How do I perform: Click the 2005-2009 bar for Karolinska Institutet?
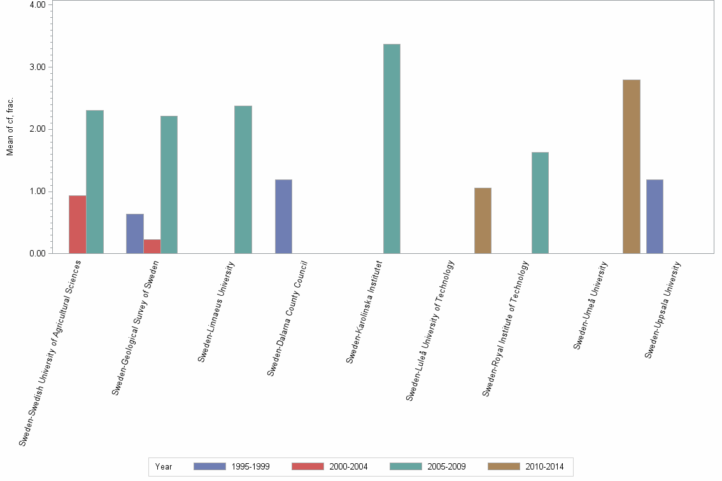point(392,149)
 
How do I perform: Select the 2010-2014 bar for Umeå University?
point(631,167)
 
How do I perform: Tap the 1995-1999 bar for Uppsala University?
point(655,216)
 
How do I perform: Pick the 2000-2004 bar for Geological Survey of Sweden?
point(152,246)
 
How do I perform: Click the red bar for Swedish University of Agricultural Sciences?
point(78,225)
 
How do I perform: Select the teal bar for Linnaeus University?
point(243,179)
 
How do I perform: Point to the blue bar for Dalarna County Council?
point(283,216)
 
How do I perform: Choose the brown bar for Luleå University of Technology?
point(483,221)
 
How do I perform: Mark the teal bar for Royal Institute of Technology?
point(540,203)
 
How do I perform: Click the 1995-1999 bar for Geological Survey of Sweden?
point(135,234)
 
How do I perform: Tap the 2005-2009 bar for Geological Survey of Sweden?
point(169,185)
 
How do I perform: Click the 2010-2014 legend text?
point(544,466)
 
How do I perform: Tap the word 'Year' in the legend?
point(164,466)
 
